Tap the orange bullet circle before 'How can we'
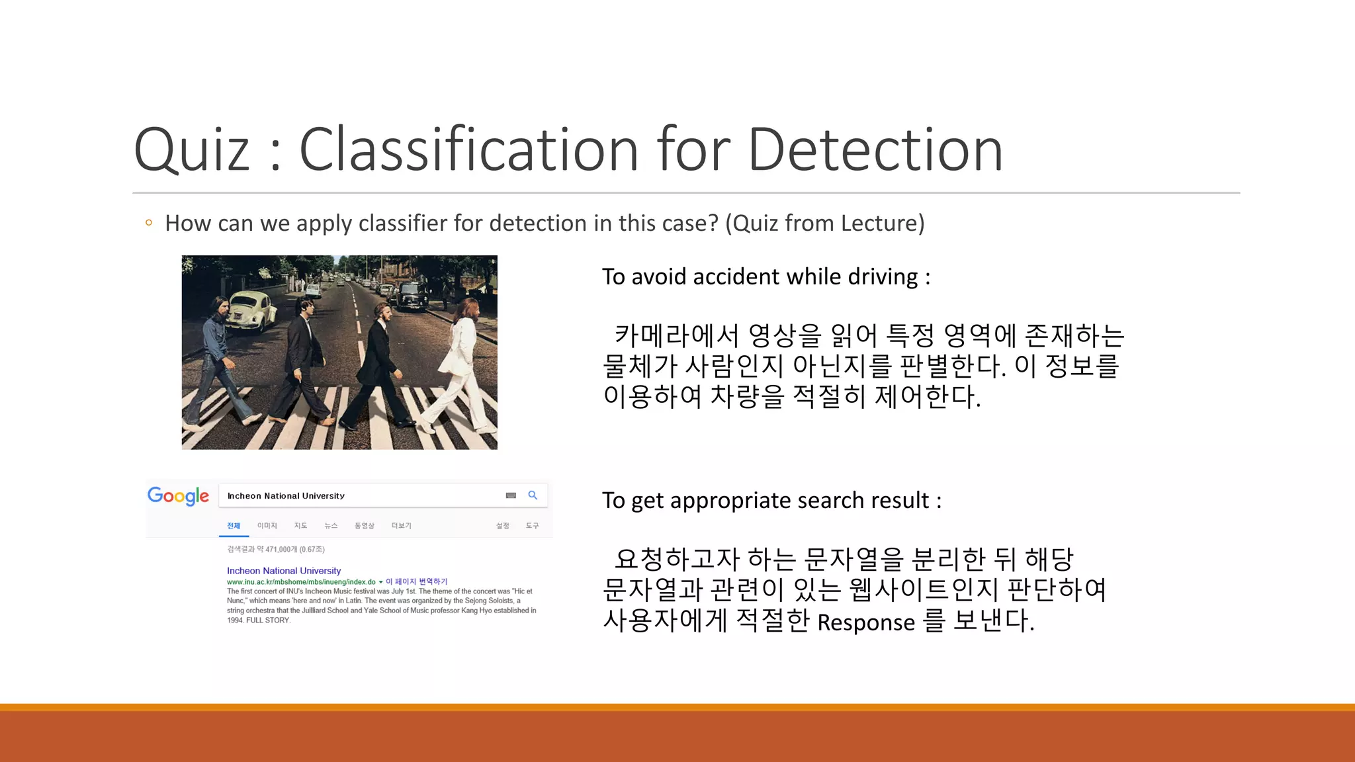coord(149,223)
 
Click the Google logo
coord(178,495)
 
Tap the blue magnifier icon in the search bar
coord(533,495)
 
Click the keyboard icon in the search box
coord(511,495)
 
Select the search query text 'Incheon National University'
coord(286,496)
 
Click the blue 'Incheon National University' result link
coord(284,571)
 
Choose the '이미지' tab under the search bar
coord(267,526)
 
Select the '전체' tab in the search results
coord(234,526)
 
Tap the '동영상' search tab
coord(365,526)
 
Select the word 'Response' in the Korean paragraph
coord(866,622)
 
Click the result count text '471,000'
coord(281,550)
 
